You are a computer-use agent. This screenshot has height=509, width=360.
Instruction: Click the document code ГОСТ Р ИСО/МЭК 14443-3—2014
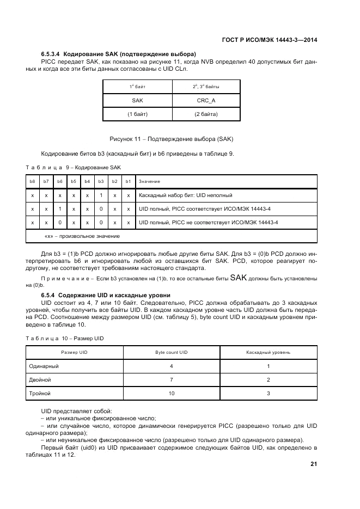pyautogui.click(x=270, y=40)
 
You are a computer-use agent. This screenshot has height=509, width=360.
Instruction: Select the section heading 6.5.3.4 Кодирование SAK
pyautogui.click(x=118, y=54)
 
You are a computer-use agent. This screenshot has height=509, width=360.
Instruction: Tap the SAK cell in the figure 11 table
pyautogui.click(x=137, y=100)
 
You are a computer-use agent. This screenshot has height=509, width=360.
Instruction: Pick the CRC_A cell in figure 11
pyautogui.click(x=206, y=100)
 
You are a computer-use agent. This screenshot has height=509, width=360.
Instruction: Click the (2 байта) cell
pyautogui.click(x=206, y=114)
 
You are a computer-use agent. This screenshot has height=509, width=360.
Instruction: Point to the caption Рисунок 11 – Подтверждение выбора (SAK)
pyautogui.click(x=171, y=139)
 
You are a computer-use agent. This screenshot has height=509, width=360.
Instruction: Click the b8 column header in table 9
pyautogui.click(x=32, y=181)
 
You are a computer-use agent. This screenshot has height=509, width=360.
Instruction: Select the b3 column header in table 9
pyautogui.click(x=101, y=181)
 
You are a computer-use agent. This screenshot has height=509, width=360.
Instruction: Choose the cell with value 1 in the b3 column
pyautogui.click(x=101, y=195)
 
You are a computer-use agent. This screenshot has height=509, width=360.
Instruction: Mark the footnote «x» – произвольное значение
pyautogui.click(x=82, y=236)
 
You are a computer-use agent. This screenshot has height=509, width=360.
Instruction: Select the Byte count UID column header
pyautogui.click(x=172, y=352)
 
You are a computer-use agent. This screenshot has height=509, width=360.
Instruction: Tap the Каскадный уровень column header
pyautogui.click(x=268, y=352)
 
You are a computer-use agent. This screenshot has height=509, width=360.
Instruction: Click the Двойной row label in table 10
pyautogui.click(x=40, y=379)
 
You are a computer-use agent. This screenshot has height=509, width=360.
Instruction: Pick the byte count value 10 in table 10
pyautogui.click(x=172, y=393)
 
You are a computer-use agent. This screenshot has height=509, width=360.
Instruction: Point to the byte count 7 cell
pyautogui.click(x=172, y=379)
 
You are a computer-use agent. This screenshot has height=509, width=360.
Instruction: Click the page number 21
pyautogui.click(x=314, y=464)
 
